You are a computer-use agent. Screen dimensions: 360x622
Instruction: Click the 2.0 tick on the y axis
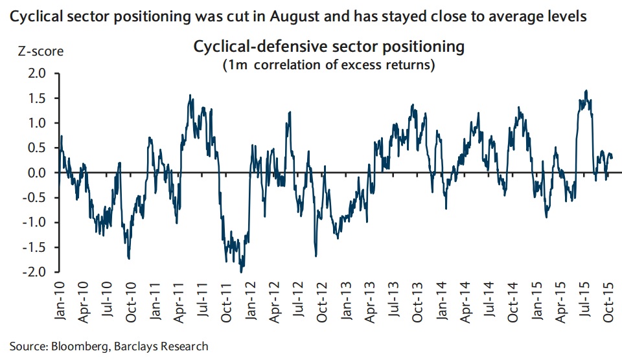[38, 73]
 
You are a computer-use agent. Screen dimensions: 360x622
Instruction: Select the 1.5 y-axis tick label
[38, 98]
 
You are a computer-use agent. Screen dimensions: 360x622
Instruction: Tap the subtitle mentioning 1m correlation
[329, 65]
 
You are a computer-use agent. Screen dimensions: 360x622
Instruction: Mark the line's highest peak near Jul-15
[586, 91]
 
